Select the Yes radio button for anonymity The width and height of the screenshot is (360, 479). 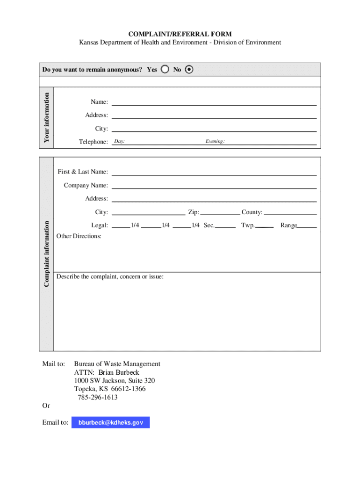[165, 70]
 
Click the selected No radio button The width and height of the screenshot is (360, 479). [189, 70]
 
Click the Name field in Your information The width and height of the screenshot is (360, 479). [214, 102]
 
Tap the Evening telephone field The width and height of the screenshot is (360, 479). [271, 141]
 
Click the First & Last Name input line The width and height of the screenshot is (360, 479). [214, 172]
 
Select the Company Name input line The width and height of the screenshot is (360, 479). [214, 185]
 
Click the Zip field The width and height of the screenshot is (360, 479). [220, 212]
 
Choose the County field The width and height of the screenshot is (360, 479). [290, 212]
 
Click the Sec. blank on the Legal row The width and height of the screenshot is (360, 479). [226, 225]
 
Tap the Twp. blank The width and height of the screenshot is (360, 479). [265, 225]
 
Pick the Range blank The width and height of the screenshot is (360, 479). [307, 225]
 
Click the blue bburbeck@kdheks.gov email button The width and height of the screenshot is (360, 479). [110, 423]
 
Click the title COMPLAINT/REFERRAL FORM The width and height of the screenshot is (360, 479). [180, 34]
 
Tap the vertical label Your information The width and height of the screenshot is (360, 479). [46, 117]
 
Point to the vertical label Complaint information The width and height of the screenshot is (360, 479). [46, 254]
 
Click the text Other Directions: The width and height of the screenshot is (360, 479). [79, 236]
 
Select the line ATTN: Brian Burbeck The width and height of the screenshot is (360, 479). [107, 372]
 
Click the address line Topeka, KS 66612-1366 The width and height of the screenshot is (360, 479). [110, 389]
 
